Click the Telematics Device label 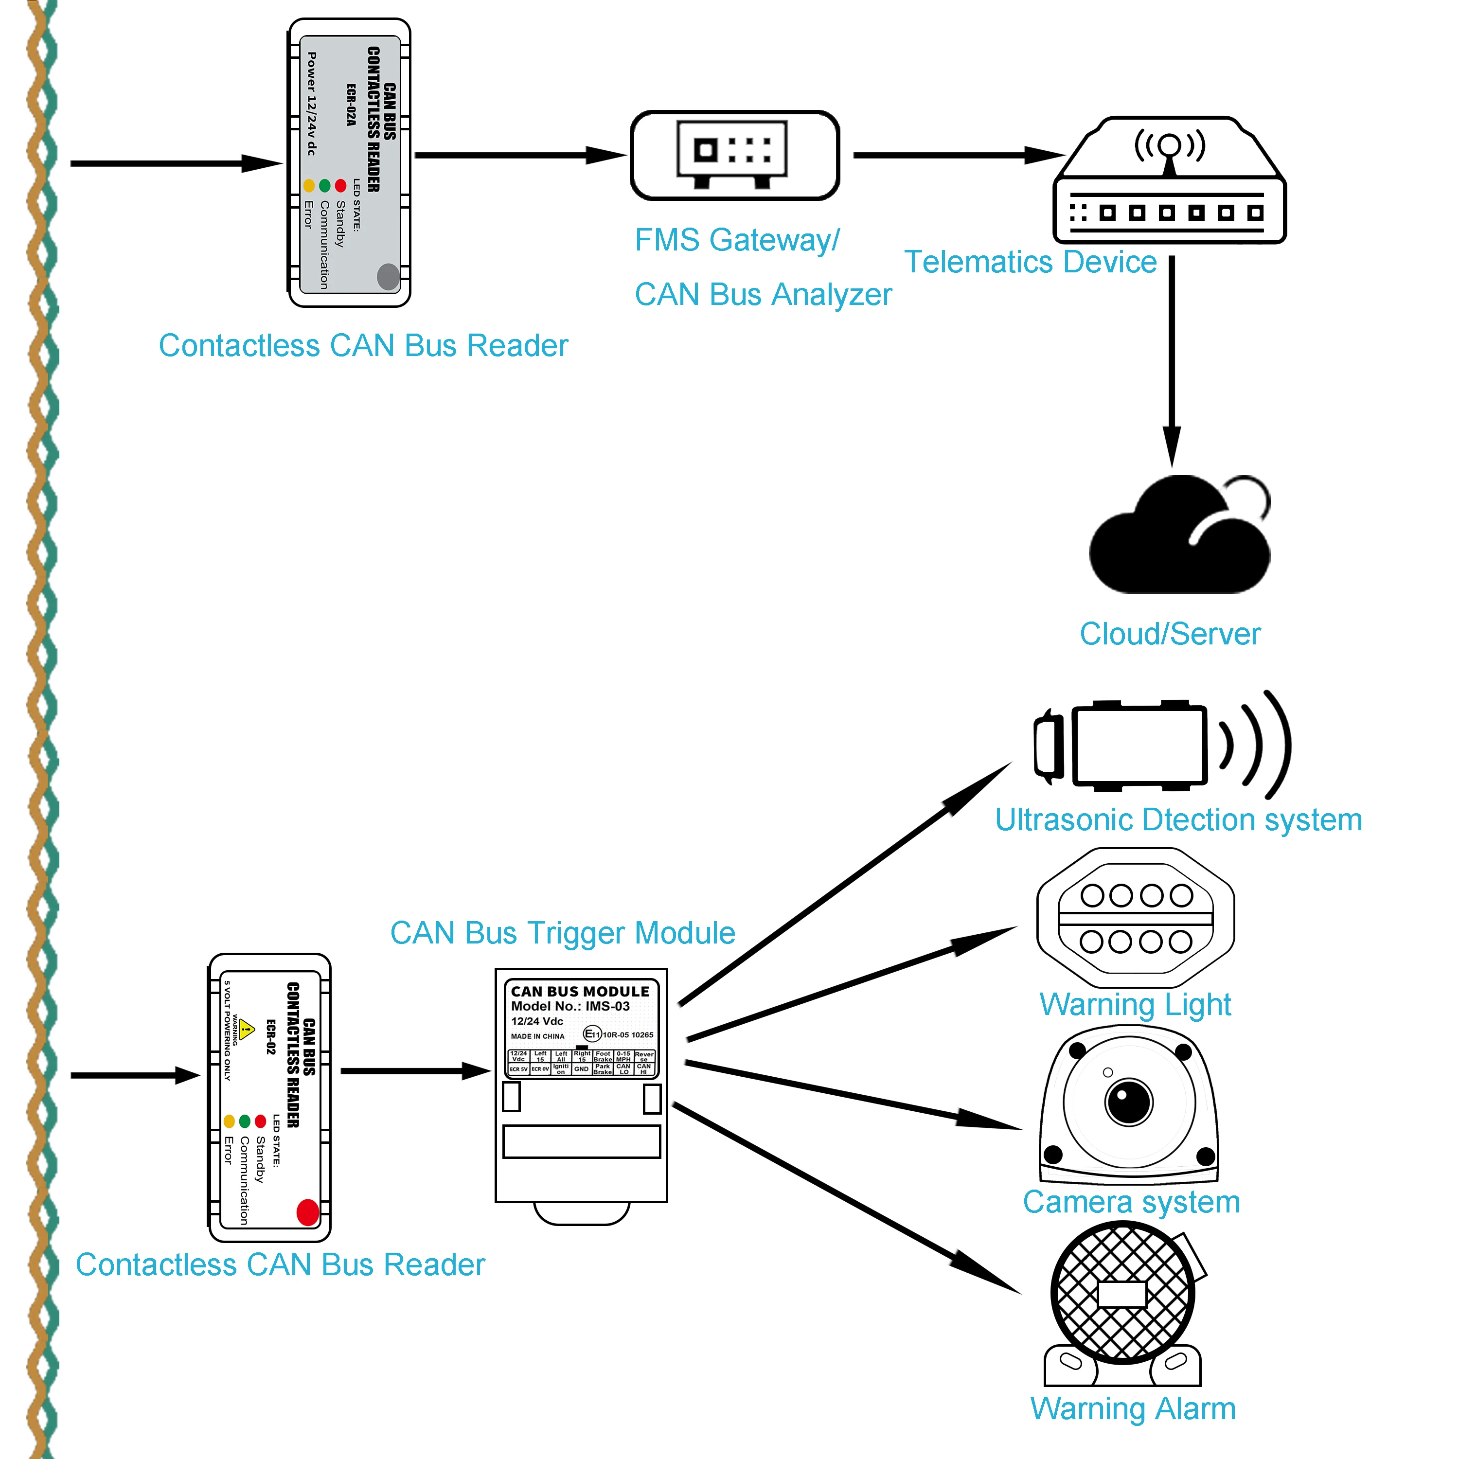tap(1030, 262)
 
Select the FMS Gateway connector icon tap(734, 155)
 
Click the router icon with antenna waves tap(1169, 181)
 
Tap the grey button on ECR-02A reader tap(388, 276)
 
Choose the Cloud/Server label tap(1169, 634)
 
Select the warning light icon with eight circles tap(1135, 918)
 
